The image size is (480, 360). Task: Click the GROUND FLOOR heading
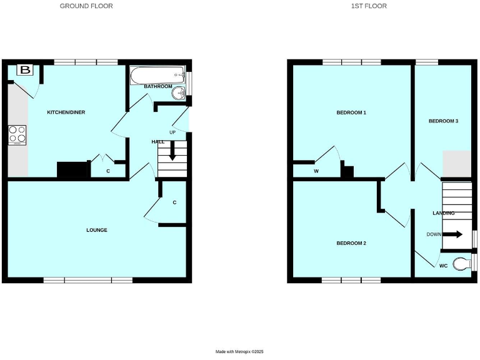pos(86,6)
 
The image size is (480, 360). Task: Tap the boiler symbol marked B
pos(25,69)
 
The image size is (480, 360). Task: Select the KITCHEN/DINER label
pos(66,112)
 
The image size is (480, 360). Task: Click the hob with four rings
pos(17,135)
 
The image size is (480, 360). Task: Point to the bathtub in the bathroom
pos(157,76)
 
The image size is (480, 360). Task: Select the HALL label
pos(158,142)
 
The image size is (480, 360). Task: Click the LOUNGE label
pos(96,230)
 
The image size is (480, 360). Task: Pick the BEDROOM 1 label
pos(351,113)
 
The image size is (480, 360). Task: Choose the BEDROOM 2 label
pos(351,242)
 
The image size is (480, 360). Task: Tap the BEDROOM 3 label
pos(443,121)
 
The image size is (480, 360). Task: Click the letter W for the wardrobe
pos(316,171)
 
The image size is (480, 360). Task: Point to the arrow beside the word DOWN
pos(454,234)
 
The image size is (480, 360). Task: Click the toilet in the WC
pos(462,264)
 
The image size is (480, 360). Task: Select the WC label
pos(443,266)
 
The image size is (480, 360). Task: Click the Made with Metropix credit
pos(240,352)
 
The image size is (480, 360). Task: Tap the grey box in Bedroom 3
pos(456,164)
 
